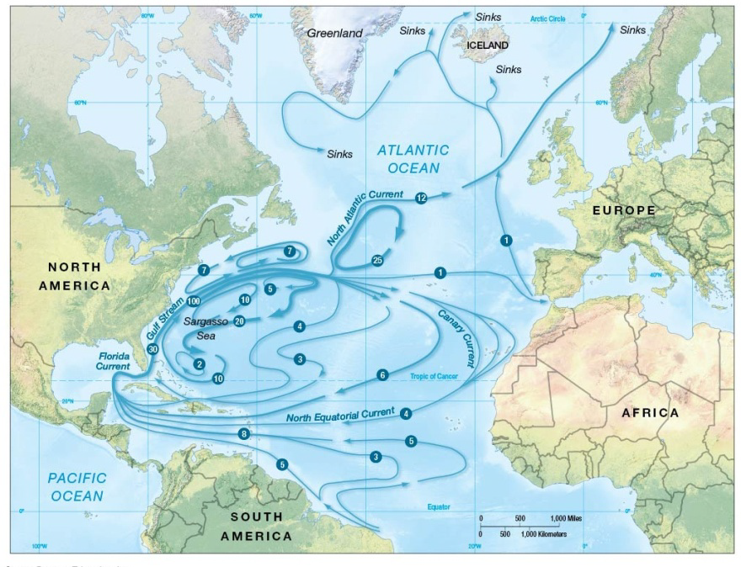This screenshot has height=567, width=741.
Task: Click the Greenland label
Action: (x=334, y=33)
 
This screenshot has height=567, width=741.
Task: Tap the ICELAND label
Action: (x=488, y=45)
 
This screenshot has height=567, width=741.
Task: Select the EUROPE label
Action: (x=623, y=209)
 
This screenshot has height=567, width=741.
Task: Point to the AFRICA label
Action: (x=650, y=412)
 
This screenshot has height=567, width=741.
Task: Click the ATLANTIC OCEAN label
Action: (x=413, y=159)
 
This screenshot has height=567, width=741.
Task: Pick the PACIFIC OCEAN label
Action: (x=77, y=486)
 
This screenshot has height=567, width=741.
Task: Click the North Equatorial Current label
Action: (x=340, y=416)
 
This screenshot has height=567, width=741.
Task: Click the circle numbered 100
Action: (x=194, y=301)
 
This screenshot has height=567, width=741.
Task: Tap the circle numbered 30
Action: (x=152, y=348)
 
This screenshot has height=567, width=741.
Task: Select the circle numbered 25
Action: (x=377, y=261)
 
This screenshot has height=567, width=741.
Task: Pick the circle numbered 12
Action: (x=421, y=197)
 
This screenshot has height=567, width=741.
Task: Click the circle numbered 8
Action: (x=244, y=433)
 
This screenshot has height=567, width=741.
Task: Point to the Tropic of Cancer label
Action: (x=434, y=376)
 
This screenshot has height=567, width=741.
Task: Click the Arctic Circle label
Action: (x=547, y=19)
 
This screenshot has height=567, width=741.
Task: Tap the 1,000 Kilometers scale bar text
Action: (x=543, y=535)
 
